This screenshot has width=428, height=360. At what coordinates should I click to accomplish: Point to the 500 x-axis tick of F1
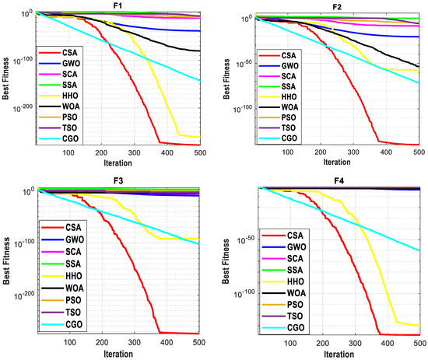(200, 152)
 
